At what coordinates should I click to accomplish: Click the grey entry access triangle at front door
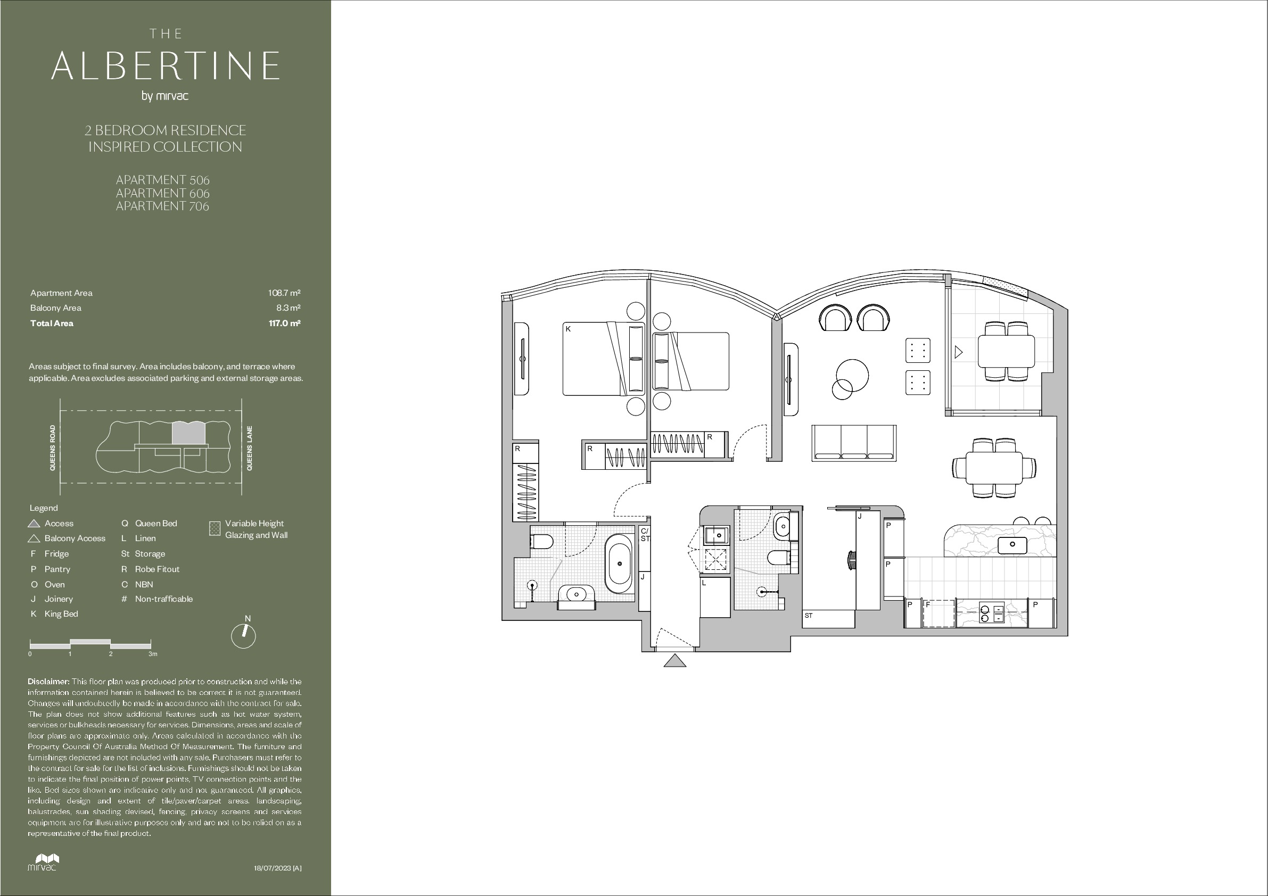[x=675, y=661]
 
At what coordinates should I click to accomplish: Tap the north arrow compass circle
[x=244, y=636]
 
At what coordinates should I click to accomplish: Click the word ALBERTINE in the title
[x=165, y=65]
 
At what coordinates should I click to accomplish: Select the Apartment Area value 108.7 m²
[x=284, y=293]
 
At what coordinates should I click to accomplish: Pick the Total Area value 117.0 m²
[x=284, y=323]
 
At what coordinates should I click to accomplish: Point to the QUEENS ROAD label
[x=53, y=447]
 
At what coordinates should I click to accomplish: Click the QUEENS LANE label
[x=250, y=449]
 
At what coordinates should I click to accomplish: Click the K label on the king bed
[x=568, y=329]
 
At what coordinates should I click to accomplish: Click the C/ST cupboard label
[x=645, y=535]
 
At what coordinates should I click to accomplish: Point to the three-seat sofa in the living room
[x=854, y=443]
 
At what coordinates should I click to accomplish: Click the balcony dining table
[x=1006, y=352]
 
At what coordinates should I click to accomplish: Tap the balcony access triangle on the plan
[x=958, y=352]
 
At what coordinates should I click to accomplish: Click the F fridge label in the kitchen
[x=928, y=604]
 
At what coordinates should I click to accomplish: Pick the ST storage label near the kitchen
[x=809, y=616]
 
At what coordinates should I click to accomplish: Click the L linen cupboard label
[x=704, y=583]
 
